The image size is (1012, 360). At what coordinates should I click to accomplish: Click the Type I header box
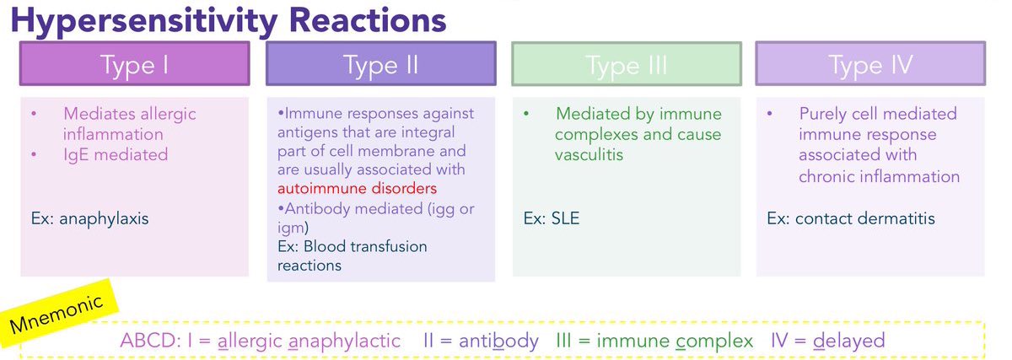click(135, 65)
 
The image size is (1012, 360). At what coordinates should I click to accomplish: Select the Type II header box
click(380, 65)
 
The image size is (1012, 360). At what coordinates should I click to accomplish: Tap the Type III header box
click(626, 65)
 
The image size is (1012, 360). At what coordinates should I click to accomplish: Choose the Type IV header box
click(870, 65)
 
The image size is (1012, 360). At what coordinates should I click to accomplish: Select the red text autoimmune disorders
click(358, 187)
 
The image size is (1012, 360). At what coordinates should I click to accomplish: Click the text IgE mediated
click(115, 154)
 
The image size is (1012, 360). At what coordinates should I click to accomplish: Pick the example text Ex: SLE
click(551, 218)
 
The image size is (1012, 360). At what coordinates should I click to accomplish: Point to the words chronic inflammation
click(879, 176)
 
